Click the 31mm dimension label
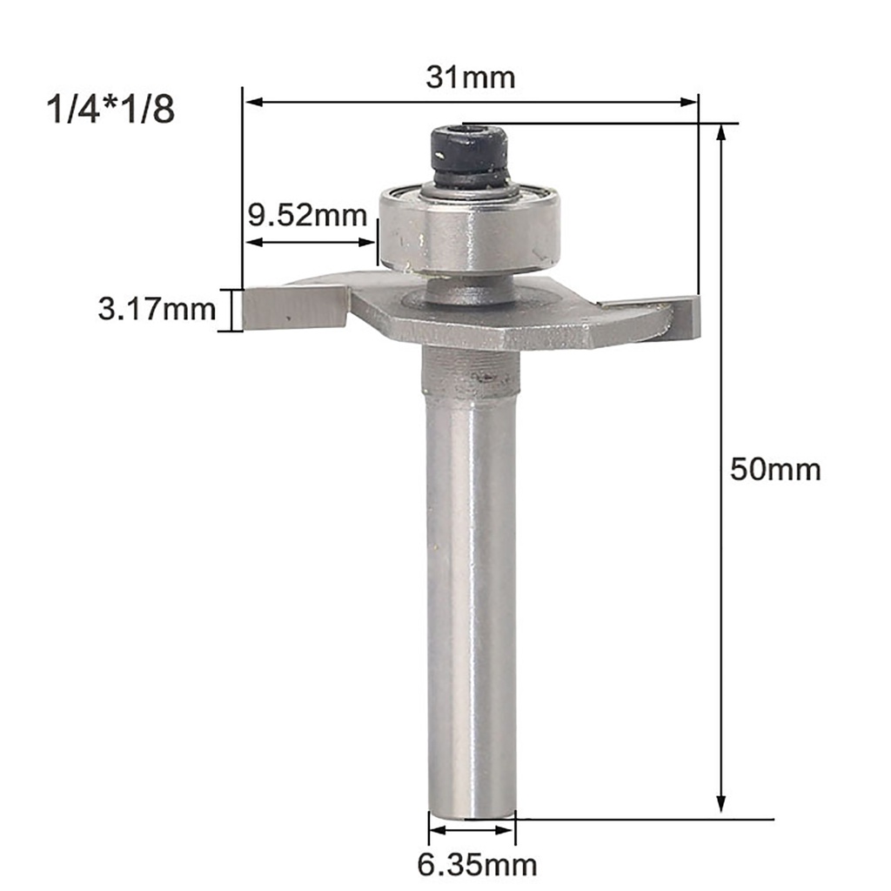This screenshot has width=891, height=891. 471,77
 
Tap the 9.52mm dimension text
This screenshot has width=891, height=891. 305,214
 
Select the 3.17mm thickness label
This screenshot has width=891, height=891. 157,309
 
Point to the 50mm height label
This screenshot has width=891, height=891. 774,470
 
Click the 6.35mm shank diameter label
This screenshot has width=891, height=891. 477,865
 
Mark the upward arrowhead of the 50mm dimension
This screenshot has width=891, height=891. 720,133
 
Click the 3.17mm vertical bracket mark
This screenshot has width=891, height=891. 232,310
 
